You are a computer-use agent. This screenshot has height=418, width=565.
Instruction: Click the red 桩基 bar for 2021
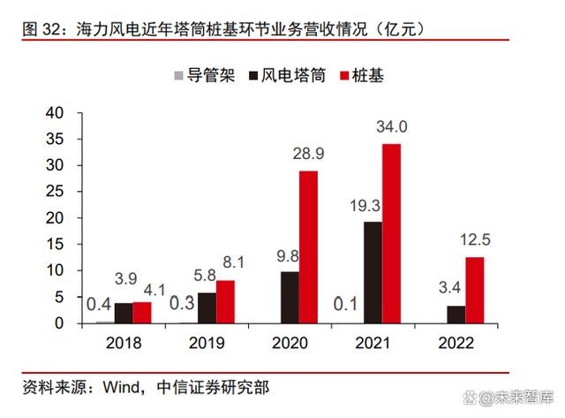point(391,233)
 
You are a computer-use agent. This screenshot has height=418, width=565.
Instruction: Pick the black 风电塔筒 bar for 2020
point(289,297)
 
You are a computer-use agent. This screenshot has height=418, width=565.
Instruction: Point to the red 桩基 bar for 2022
point(475,290)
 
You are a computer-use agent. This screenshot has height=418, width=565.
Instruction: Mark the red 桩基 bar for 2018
point(141,313)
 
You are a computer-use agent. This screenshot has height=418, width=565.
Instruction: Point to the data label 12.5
point(474,239)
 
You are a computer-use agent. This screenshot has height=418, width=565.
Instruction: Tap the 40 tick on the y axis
point(54,113)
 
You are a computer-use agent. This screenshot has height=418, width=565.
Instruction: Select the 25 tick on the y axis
point(54,192)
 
